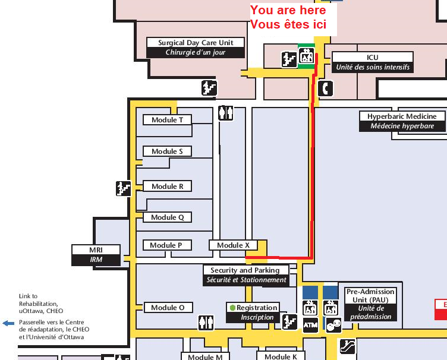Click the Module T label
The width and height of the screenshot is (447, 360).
coord(168,119)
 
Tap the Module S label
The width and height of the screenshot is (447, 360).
coord(167,151)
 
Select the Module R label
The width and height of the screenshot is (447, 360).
coord(168,187)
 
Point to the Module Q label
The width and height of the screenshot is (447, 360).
coord(168,217)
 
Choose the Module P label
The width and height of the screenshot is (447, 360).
coord(167,245)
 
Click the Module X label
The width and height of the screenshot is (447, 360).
coord(233,245)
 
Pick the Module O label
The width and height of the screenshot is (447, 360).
coord(168,308)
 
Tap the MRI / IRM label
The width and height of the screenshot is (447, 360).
coord(96,255)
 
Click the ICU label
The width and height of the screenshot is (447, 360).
coord(373,62)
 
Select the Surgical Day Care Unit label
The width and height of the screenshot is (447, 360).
coord(196,48)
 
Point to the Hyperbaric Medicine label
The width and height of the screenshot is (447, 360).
coord(402,121)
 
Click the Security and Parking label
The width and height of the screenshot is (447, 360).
coord(246,276)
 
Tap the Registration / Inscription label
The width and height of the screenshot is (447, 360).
coord(253,312)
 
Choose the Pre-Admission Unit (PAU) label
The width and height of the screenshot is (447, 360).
coord(370,304)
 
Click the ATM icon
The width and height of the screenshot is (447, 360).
coord(310,325)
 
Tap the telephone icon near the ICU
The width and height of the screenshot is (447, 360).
coord(325,89)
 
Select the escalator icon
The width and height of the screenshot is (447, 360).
coord(348,346)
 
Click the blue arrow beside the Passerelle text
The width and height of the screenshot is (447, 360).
coord(8,323)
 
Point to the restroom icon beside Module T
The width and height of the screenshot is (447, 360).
coord(226,113)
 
